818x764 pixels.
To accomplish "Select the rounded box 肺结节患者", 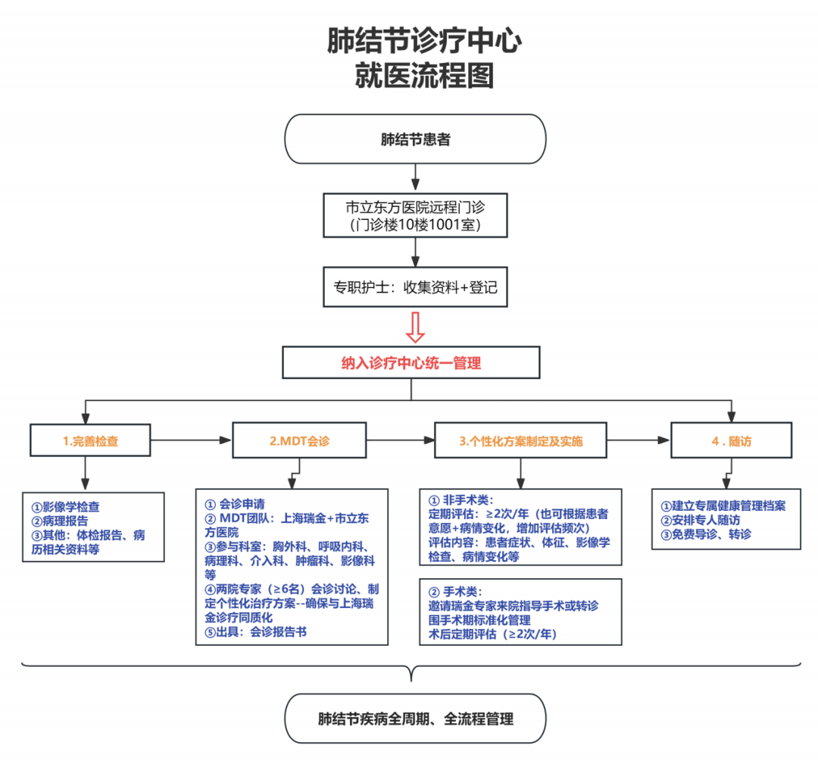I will point(414,140).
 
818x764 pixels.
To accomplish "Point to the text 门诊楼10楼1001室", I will point(414,225).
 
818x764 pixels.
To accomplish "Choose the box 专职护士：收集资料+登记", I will point(414,287).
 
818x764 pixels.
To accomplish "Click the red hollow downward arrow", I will point(414,327).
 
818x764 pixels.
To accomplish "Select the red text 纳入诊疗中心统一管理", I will point(411,363).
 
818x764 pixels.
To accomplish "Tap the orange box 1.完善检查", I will point(90,441).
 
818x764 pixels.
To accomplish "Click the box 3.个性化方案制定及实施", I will point(521,441).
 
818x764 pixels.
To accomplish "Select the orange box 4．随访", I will point(731,441).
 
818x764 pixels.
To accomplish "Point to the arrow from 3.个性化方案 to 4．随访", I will point(638,440).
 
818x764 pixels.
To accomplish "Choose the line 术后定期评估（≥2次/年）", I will point(492,634).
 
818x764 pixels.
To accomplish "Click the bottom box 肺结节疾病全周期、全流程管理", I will point(414,719).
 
